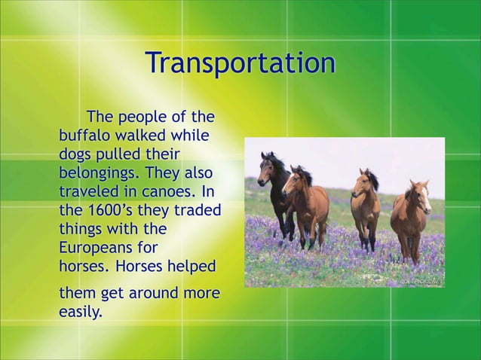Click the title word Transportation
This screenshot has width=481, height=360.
click(240, 63)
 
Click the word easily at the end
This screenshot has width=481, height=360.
click(80, 311)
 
